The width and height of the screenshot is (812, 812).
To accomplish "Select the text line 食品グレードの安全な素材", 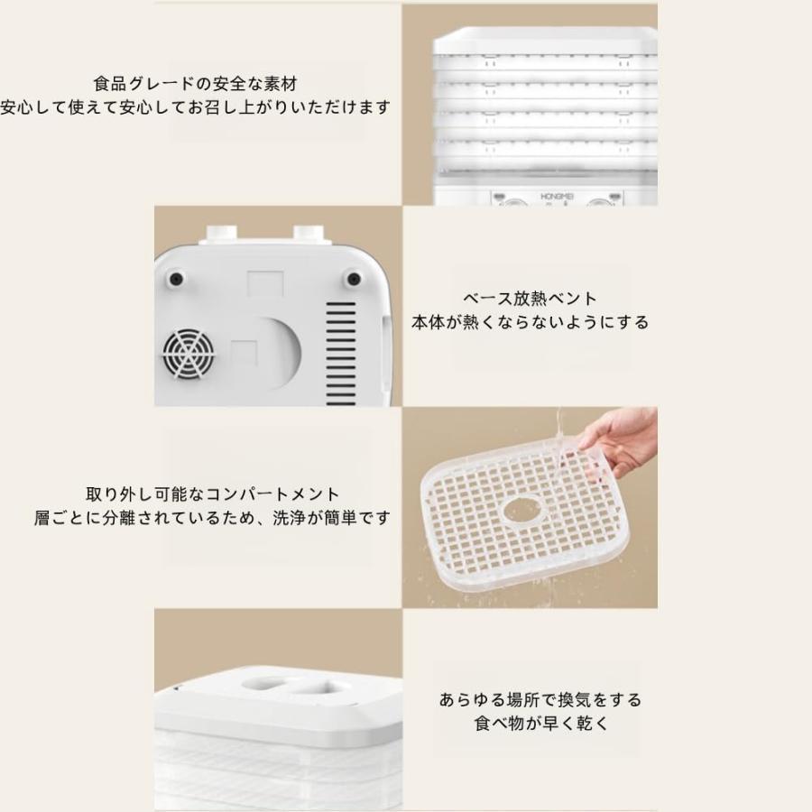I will (x=195, y=84).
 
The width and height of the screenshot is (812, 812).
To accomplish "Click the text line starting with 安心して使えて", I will (x=195, y=107).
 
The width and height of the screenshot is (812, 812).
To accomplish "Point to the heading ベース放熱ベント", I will (x=531, y=299).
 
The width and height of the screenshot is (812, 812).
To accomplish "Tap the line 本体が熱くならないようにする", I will (x=531, y=322).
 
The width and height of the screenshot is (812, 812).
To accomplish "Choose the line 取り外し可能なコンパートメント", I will (x=213, y=494).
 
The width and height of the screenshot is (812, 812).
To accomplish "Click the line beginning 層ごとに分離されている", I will (x=213, y=519).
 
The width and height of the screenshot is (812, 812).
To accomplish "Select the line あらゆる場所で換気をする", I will (x=540, y=699).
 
